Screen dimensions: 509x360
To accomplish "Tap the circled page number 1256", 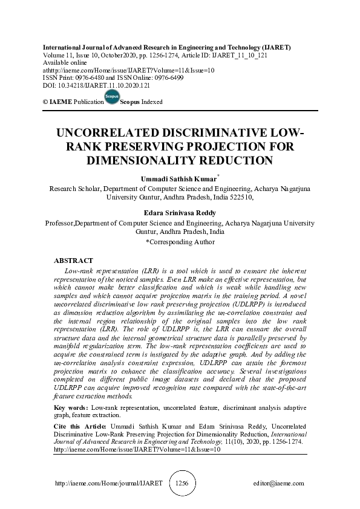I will click(182, 484).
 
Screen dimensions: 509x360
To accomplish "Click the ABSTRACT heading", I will click(74, 261).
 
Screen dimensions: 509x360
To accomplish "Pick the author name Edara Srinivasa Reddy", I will click(180, 213).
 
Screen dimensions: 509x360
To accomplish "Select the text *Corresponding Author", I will click(180, 242).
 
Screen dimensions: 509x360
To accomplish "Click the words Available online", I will click(63, 62).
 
